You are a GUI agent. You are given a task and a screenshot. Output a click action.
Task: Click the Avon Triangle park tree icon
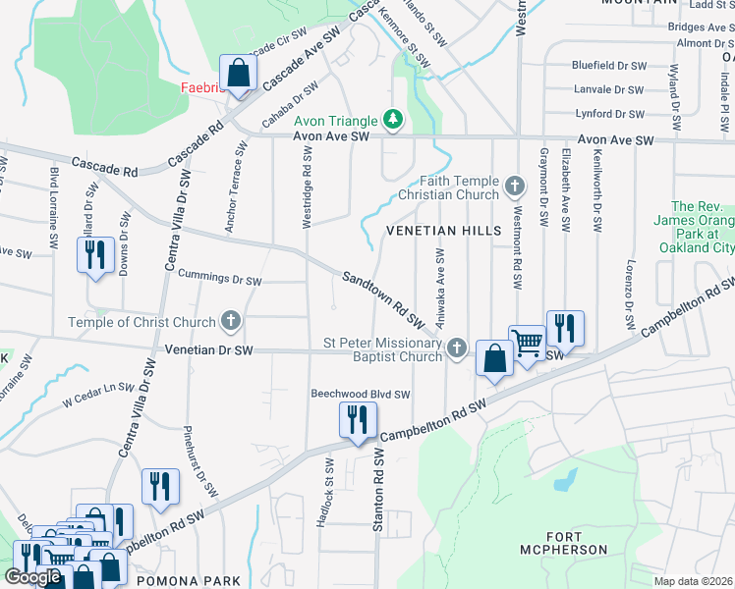click(394, 120)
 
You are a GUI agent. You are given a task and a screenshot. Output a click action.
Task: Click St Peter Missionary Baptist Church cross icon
click(456, 348)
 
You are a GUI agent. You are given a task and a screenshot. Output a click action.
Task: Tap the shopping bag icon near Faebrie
click(238, 73)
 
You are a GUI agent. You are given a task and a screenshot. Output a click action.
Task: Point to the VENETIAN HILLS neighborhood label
click(443, 231)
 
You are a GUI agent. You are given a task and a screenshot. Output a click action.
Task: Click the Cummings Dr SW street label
click(220, 280)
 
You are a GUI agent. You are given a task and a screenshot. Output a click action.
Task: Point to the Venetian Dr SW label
click(208, 349)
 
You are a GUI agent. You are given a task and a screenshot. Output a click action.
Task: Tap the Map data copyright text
click(694, 581)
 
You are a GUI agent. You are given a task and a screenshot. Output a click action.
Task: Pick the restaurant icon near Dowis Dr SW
click(95, 255)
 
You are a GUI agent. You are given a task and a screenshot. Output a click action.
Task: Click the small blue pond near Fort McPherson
click(565, 480)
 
